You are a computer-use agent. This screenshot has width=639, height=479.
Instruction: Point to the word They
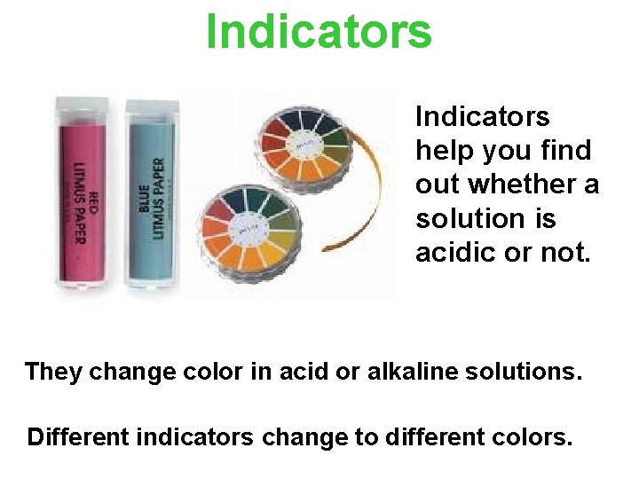tap(56, 371)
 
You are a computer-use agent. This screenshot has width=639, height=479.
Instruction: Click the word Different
tap(78, 436)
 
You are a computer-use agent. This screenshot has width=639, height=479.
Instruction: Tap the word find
tap(568, 151)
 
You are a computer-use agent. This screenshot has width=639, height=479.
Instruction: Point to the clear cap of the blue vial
tap(152, 109)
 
